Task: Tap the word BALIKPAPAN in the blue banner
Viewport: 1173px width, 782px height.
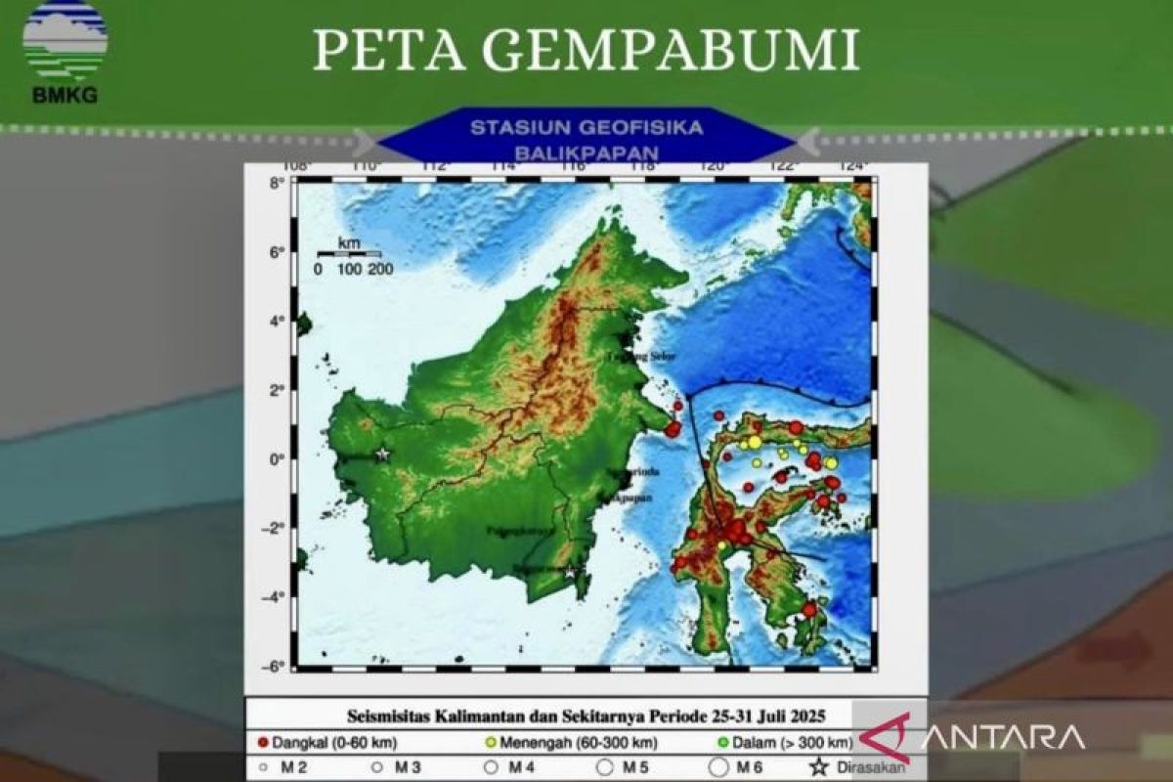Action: [x=586, y=153]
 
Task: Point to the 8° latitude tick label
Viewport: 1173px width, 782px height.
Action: [x=277, y=183]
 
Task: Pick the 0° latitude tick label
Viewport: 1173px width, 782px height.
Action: [x=278, y=459]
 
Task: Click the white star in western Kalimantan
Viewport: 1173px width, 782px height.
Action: [x=382, y=455]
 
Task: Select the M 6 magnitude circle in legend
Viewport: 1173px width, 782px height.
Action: [x=718, y=767]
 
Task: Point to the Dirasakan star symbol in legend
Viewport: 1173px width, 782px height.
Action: [x=818, y=767]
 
